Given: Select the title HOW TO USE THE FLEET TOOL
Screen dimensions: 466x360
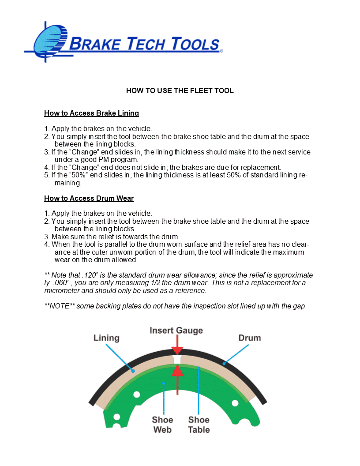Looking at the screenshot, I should point(180,91).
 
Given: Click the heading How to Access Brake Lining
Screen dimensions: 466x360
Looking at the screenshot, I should point(91,113).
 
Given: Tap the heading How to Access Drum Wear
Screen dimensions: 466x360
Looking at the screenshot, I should point(89,199).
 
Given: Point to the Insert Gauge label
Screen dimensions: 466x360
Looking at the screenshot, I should point(176,331).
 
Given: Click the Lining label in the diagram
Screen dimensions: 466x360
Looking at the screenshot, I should point(106,338).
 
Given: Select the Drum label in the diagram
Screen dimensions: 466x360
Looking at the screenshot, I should point(249,338).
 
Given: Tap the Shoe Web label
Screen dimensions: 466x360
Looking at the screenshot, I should point(162,425).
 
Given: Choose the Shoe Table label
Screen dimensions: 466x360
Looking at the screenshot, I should point(199,425).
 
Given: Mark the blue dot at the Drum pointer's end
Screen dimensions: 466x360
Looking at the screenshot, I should point(224,364).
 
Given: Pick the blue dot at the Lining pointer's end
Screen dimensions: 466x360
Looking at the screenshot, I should point(133,372).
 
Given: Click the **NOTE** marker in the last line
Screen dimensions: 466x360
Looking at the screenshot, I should point(60,306).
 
